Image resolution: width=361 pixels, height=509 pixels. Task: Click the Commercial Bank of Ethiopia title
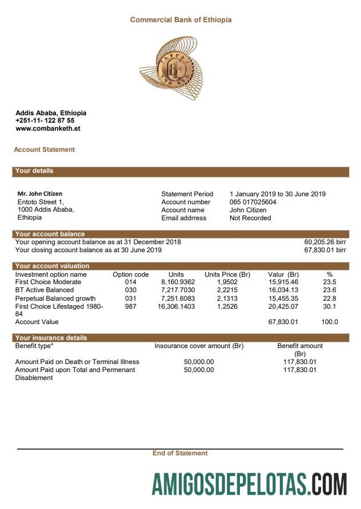pos(181,19)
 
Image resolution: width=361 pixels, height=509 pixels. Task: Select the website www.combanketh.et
pos(47,128)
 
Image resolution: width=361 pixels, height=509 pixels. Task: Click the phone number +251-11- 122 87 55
pos(45,120)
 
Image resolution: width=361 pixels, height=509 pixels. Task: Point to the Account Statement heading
pos(44,150)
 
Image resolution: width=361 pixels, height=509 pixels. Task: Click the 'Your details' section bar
pos(181,171)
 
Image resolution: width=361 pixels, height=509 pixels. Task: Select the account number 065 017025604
pos(252,202)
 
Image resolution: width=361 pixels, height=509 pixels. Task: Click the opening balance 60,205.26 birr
pos(324,242)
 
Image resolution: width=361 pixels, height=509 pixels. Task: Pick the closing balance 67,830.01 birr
pos(324,250)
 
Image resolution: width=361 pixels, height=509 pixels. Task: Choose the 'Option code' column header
pos(130,274)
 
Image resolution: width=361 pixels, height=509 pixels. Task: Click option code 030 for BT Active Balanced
pos(130,290)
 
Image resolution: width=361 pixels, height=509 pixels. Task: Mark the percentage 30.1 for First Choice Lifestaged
pos(330,306)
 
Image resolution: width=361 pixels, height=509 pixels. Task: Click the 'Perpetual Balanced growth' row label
pos(55,298)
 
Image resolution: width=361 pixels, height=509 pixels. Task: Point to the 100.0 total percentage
pos(329,322)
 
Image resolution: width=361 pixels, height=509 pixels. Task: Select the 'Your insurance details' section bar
pos(181,338)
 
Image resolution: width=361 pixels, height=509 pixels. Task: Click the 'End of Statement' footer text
pos(180,453)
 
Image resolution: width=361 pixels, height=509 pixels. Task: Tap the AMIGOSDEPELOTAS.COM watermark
pos(249,484)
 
